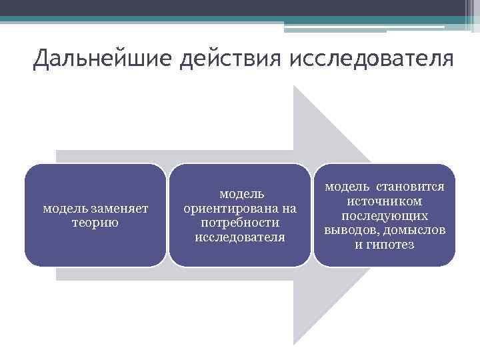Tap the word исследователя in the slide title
point(371,59)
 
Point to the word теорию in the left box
point(95,223)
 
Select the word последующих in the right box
point(385,216)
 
